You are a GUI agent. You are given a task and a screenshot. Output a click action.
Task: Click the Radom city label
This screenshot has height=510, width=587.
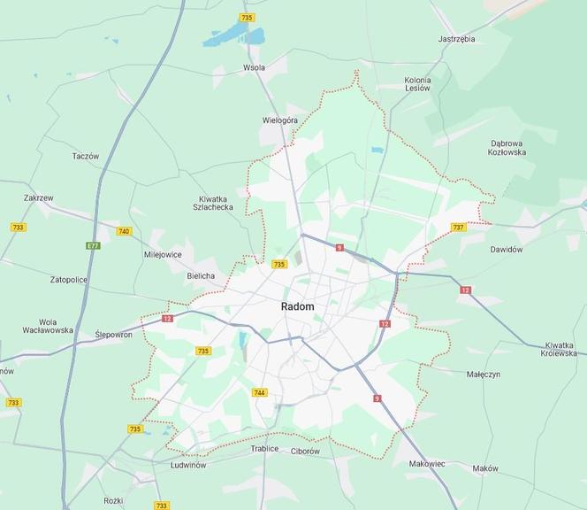pos(297,306)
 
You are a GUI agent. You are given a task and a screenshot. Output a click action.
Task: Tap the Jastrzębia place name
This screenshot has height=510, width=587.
pos(456,39)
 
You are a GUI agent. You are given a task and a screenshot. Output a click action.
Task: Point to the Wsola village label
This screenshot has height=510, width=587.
pos(254,67)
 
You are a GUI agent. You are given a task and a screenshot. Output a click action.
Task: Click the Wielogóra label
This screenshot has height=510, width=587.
pos(280,120)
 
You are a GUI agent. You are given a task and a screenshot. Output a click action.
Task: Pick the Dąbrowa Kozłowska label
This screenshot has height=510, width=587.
pos(507,148)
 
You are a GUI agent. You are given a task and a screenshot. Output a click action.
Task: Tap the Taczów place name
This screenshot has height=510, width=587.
pos(86,156)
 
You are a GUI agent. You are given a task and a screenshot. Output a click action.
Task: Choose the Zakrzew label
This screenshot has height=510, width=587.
pos(39,198)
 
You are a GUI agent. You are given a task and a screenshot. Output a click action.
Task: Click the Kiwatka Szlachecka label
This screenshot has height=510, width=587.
pos(213,202)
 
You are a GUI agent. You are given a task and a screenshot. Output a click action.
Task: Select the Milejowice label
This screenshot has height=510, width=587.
pos(163,254)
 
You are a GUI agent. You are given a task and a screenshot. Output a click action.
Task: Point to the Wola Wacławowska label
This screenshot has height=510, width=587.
pos(48,326)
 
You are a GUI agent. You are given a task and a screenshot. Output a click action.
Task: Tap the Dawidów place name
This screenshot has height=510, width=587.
pos(507,250)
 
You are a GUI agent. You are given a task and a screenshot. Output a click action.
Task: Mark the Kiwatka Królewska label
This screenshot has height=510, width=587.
pos(559,349)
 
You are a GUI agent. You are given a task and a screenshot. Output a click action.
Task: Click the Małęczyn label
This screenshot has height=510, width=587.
pos(483,375)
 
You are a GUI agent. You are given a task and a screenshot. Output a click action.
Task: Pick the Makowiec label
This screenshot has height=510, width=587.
pos(427,463)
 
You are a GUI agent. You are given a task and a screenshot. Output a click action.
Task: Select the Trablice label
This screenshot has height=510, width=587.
pos(264,449)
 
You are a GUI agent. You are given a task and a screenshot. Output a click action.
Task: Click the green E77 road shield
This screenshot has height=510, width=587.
pos(93,245)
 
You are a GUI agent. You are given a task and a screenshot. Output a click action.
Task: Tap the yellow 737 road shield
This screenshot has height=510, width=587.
pos(458,228)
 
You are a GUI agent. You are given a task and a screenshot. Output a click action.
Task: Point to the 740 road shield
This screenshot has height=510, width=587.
pos(124,231)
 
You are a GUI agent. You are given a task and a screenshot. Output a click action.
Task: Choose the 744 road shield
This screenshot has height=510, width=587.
pos(259,392)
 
